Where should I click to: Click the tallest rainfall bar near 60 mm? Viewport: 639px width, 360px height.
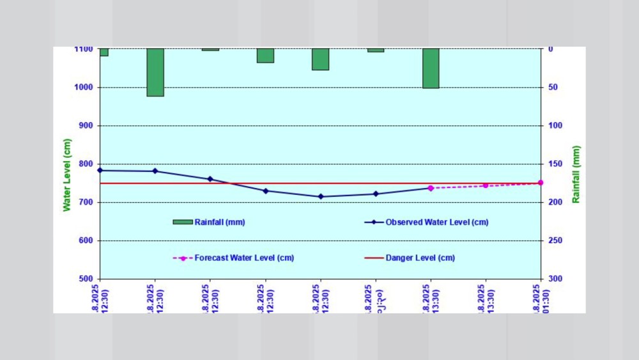(155, 72)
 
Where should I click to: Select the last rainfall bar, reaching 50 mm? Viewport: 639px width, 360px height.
(431, 68)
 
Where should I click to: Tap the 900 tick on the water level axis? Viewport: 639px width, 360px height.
(85, 126)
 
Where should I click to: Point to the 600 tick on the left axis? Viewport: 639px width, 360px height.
(85, 241)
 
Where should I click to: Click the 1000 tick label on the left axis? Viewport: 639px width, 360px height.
(83, 88)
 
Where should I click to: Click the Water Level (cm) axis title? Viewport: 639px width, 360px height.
(66, 175)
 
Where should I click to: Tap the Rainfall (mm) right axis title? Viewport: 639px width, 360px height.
(576, 175)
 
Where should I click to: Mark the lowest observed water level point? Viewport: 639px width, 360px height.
(321, 196)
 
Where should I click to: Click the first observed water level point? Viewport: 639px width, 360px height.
(100, 170)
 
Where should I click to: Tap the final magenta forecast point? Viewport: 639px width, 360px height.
(541, 183)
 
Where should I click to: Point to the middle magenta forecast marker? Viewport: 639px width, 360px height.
(486, 185)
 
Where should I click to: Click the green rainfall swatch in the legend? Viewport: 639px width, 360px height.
(183, 223)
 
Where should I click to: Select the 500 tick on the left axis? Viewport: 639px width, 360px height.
(85, 279)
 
